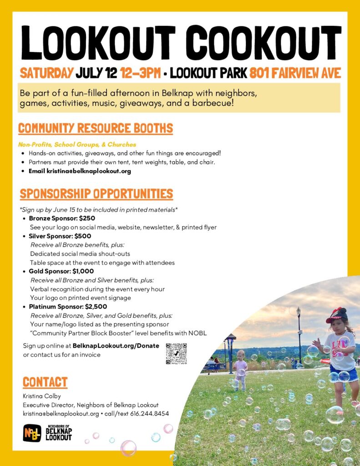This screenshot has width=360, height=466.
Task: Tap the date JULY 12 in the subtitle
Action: (x=96, y=73)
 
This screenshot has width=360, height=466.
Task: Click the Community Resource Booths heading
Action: (x=96, y=128)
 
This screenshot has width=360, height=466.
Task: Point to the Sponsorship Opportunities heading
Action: (x=96, y=193)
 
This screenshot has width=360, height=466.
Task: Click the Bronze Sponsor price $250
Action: (x=87, y=218)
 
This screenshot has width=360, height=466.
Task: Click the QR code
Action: (x=176, y=354)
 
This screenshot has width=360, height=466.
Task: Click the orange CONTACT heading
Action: (x=45, y=382)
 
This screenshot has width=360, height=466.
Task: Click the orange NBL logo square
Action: (x=32, y=433)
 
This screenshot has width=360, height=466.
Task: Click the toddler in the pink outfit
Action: (x=240, y=369)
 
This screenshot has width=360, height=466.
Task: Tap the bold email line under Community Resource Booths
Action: (x=80, y=171)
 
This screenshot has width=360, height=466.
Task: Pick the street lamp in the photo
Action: (x=299, y=334)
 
